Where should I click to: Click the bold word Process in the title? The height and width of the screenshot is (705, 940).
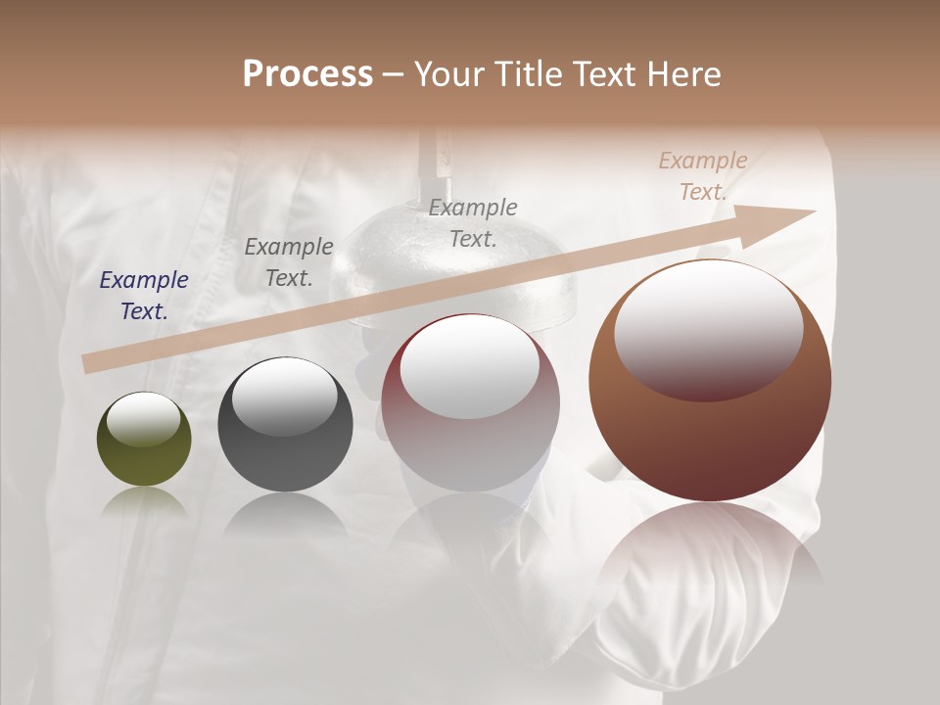click(x=307, y=74)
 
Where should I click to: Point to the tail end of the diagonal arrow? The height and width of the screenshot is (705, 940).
click(x=86, y=364)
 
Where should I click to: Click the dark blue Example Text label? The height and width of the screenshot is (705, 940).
click(x=144, y=296)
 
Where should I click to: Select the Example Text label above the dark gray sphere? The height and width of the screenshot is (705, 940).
click(x=289, y=262)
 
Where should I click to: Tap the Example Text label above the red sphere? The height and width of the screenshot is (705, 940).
click(x=473, y=222)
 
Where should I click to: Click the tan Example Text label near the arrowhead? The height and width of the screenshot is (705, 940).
click(x=703, y=176)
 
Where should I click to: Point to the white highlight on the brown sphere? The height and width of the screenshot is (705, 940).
click(x=708, y=328)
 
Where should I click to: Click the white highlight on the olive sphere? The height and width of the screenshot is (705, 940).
click(x=143, y=420)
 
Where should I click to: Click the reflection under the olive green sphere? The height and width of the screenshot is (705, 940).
click(x=144, y=501)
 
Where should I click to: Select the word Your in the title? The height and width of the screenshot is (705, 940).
click(x=445, y=74)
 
